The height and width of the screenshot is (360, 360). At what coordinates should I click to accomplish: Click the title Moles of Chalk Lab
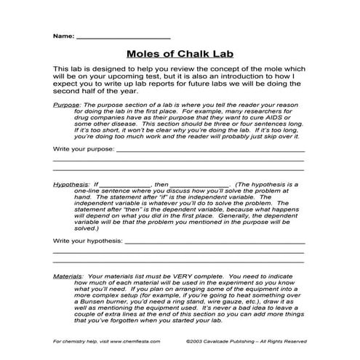coord(179,53)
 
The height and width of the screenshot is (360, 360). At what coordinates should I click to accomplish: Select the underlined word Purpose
coord(67,105)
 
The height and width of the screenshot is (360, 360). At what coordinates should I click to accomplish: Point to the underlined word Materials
coord(69,276)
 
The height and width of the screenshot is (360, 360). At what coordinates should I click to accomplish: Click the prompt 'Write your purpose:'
coord(84,148)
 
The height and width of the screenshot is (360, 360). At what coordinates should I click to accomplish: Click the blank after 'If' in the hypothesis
coord(124,185)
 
